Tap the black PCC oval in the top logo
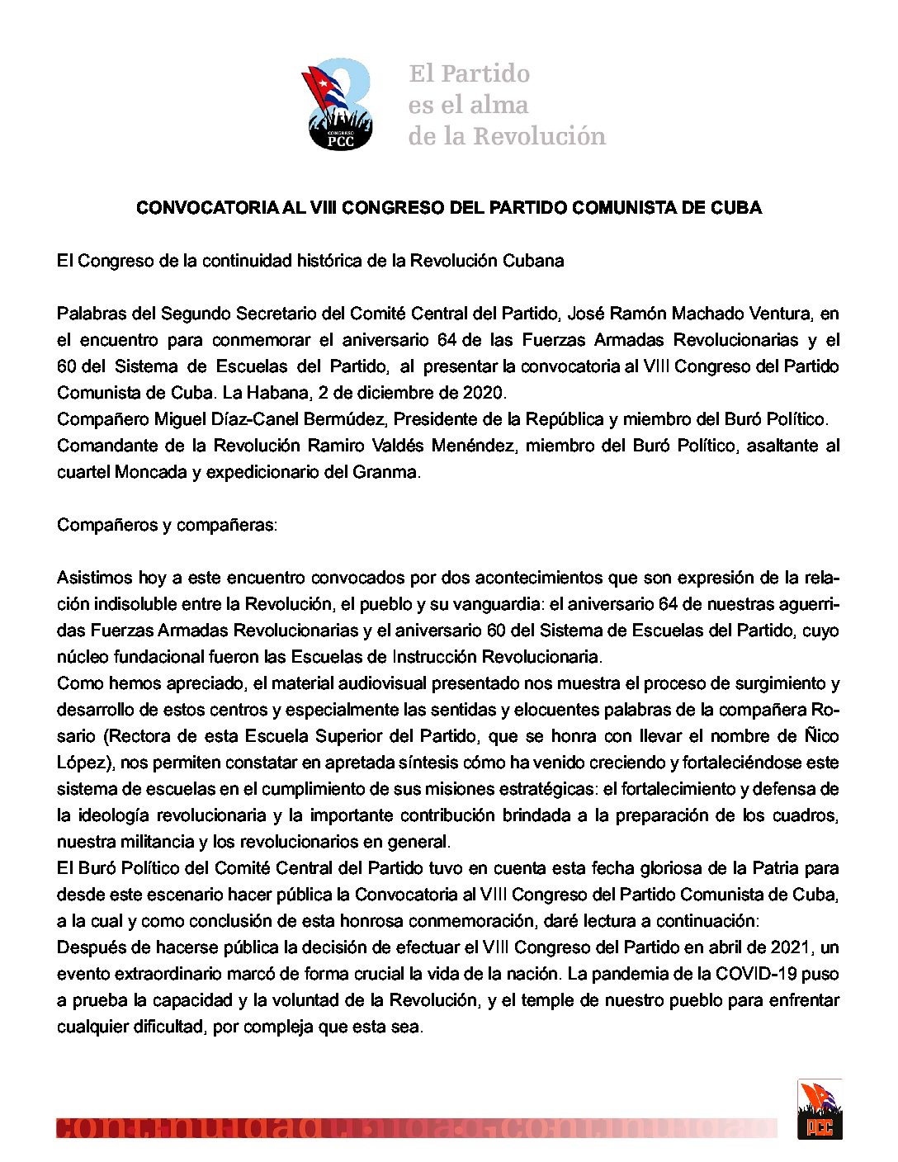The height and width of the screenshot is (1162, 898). point(340,138)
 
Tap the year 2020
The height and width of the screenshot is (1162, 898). point(484,393)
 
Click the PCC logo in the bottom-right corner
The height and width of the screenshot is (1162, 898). point(819,1110)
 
